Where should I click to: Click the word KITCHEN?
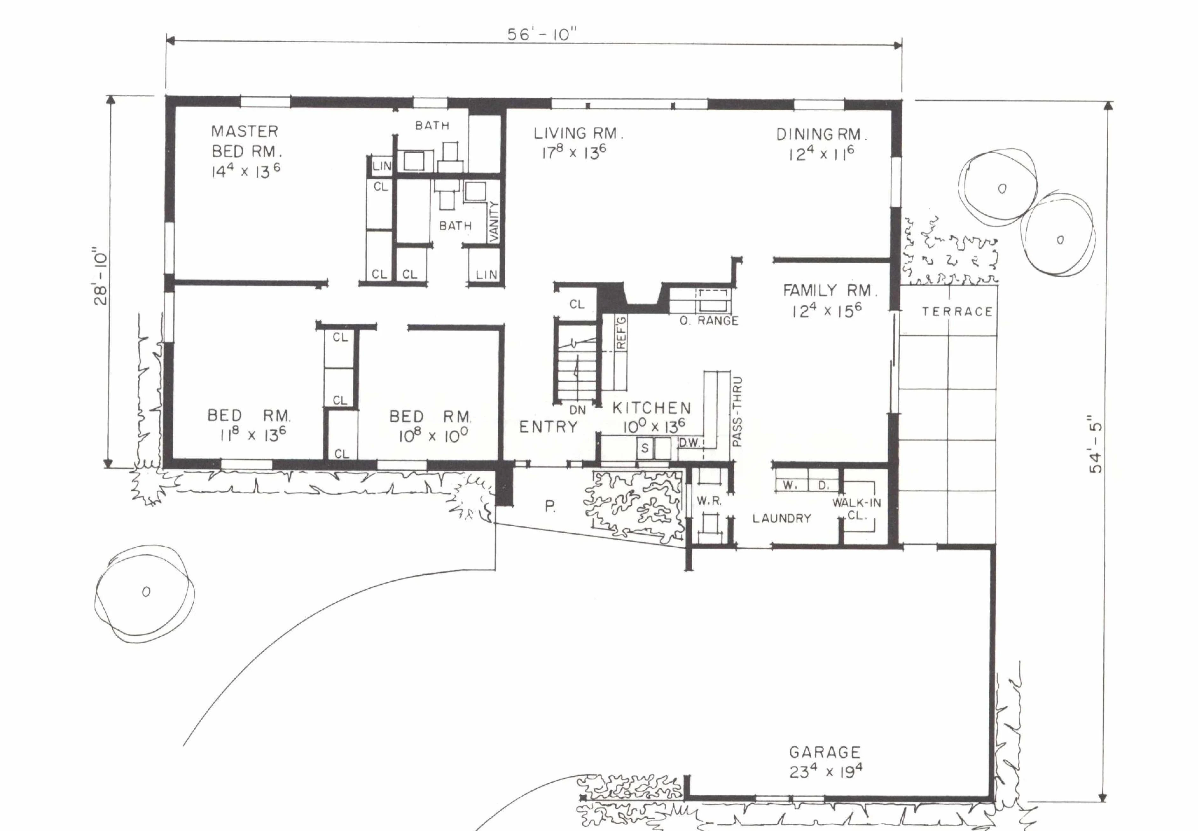pos(651,408)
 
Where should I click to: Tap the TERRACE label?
pos(958,312)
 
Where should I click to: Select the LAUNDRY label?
pos(781,518)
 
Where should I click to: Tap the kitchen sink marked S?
pos(645,448)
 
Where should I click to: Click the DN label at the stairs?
pos(578,410)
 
